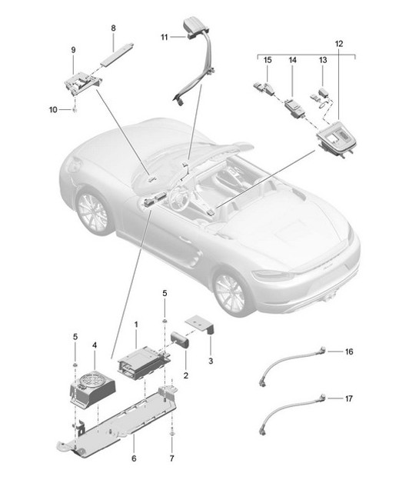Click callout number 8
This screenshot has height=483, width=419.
click(x=113, y=28)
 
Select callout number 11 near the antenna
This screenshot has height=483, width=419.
click(x=165, y=37)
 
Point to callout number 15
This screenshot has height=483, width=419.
click(x=267, y=59)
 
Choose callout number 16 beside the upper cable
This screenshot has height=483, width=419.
click(x=348, y=351)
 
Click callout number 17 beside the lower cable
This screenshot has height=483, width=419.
click(x=348, y=398)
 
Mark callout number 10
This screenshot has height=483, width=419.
click(x=53, y=110)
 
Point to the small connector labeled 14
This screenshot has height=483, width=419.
click(x=294, y=105)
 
